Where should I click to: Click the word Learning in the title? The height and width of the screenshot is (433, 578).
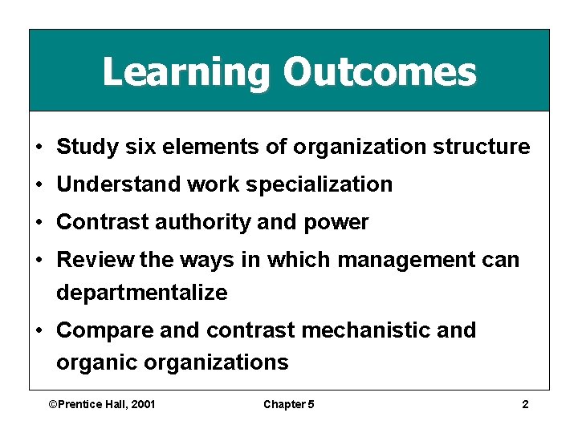(187, 72)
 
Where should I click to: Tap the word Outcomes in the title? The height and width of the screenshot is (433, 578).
(379, 72)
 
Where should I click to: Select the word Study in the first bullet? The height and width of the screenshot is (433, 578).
(83, 148)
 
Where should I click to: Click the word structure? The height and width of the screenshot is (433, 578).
(481, 148)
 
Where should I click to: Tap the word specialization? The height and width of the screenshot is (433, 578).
(319, 185)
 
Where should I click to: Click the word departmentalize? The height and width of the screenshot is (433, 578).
(141, 293)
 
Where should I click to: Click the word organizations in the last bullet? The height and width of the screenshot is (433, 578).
(216, 362)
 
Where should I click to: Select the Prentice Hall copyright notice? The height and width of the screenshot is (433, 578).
(102, 404)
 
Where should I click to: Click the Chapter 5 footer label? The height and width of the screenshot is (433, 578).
(289, 404)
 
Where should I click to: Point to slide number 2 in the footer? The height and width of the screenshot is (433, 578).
(525, 404)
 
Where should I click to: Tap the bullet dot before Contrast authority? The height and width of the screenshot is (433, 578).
(39, 223)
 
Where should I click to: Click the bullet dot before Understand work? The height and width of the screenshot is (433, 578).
(39, 185)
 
